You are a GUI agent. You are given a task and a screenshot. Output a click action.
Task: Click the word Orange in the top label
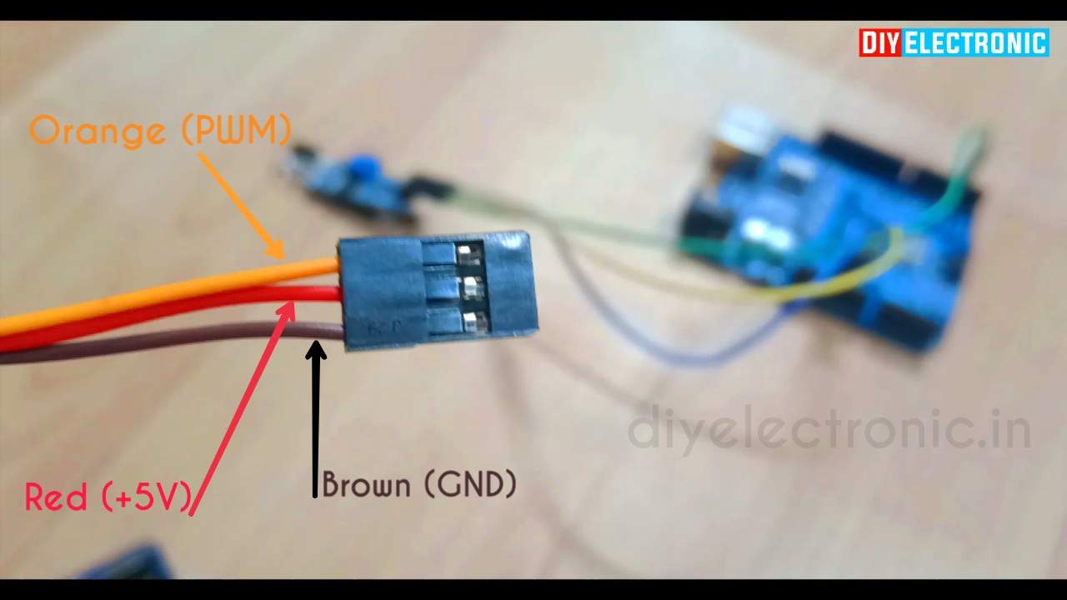97,131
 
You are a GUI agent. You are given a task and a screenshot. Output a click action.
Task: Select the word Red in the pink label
56,497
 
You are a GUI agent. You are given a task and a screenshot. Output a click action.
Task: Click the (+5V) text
147,497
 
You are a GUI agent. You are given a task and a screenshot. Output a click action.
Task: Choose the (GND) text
471,484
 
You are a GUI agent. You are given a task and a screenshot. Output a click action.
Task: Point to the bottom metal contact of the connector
473,322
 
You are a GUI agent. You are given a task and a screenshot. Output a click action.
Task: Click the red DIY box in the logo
880,43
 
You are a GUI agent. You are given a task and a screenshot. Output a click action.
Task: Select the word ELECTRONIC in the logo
975,43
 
